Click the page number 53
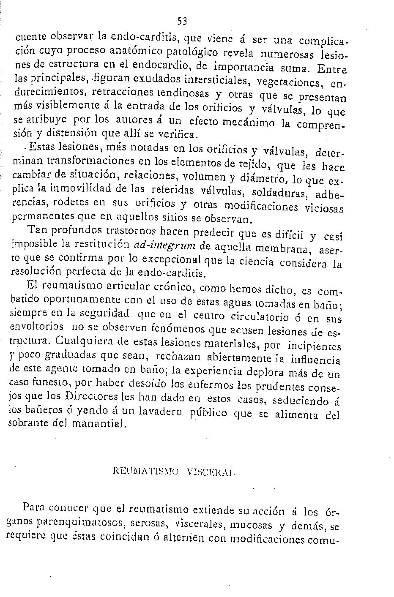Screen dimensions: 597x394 point(182,20)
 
